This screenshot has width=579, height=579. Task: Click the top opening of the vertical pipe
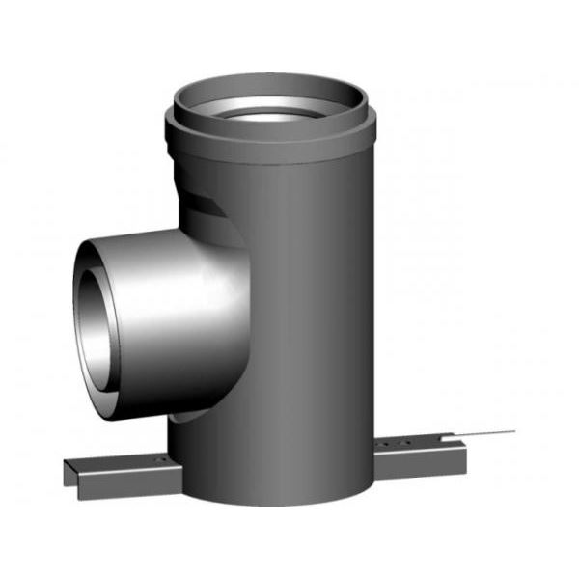coord(268,100)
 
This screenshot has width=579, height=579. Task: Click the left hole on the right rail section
coord(386,444)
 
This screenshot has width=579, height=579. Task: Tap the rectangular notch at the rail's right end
coord(461,446)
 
